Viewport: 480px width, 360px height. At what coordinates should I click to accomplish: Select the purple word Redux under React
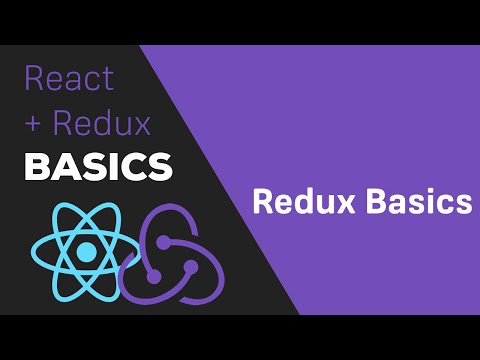[x=101, y=124]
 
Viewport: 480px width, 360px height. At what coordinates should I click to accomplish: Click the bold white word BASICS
[x=97, y=166]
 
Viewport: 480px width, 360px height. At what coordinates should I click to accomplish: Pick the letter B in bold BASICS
[x=37, y=166]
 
